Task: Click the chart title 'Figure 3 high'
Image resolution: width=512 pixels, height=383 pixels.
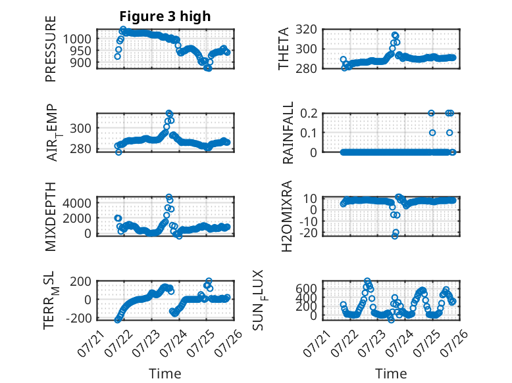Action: [165, 16]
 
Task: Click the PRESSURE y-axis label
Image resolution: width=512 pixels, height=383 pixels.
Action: [51, 49]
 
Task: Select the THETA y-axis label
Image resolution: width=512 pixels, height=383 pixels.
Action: [284, 49]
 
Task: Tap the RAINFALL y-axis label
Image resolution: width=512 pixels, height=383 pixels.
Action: [288, 133]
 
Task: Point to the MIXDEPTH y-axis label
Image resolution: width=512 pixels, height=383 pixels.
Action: [51, 217]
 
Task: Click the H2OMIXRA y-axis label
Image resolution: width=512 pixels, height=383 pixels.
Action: [286, 216]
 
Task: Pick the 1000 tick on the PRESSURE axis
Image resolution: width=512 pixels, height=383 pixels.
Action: [77, 39]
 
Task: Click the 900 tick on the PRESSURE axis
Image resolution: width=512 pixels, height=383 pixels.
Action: [81, 62]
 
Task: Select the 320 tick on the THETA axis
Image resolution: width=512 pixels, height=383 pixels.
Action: [306, 30]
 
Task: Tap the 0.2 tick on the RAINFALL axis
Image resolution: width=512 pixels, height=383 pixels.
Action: [309, 114]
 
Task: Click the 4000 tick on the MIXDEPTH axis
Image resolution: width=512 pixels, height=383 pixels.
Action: [77, 203]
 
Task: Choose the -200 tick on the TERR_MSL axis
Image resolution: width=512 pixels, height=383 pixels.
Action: [79, 318]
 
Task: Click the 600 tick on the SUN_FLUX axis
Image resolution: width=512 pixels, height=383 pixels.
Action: [306, 288]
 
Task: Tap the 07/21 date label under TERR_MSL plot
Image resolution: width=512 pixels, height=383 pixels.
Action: [91, 344]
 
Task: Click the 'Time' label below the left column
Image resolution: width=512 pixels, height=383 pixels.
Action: [165, 374]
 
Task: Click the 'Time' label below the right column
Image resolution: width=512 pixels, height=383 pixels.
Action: [391, 374]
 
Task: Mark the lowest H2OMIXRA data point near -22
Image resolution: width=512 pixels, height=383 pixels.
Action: [395, 236]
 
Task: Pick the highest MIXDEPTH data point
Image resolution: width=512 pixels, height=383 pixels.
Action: [169, 197]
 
